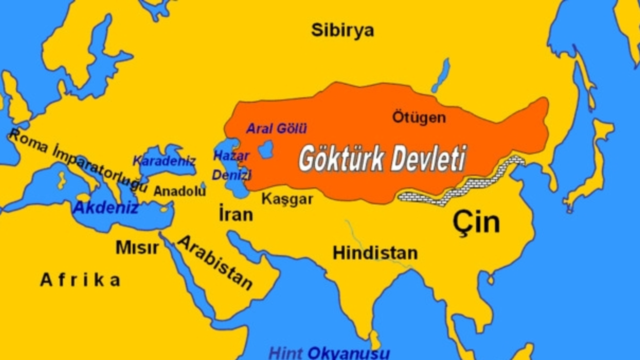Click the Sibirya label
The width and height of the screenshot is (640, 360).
point(342,30)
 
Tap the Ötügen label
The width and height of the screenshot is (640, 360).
point(418,118)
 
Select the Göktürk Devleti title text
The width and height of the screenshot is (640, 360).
point(382,159)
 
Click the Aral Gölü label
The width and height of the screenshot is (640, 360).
point(276,128)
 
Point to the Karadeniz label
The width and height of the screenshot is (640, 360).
point(163,161)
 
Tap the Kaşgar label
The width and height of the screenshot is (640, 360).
point(287,199)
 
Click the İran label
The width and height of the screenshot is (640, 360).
point(235,215)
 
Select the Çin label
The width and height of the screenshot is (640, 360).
point(476,223)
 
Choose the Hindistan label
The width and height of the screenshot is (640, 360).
point(375,252)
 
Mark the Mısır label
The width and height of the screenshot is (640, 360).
point(137,247)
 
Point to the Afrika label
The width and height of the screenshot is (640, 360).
point(80,280)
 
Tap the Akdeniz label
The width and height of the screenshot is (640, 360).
point(105,207)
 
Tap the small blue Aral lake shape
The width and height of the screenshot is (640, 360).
point(266,149)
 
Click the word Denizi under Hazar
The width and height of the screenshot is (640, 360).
point(231,175)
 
